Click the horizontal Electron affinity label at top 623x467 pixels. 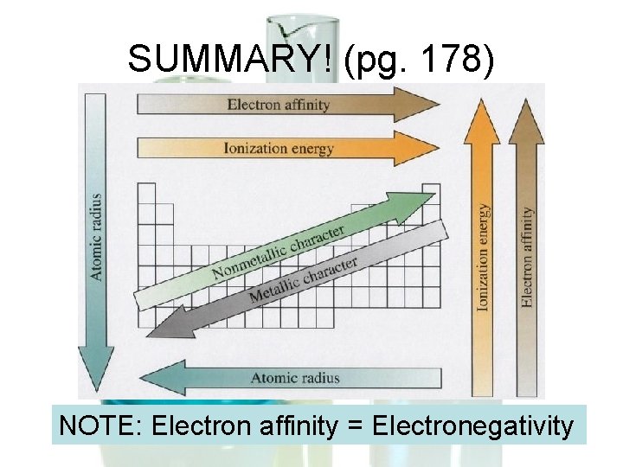point(278,105)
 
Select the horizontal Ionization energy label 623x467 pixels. point(278,149)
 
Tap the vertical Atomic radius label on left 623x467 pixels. point(97,236)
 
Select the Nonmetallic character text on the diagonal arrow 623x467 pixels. point(279,252)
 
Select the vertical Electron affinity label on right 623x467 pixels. point(526,256)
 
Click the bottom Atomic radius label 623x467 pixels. point(295,378)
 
